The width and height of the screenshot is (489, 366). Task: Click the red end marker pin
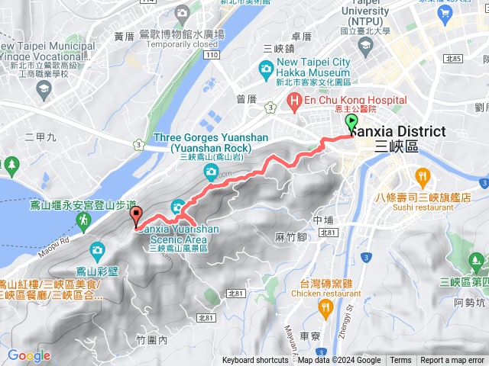coord(136,216)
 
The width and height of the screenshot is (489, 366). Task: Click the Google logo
coord(28,355)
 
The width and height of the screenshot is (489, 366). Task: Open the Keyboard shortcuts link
coord(255,361)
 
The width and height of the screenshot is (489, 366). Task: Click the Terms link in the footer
coord(400,361)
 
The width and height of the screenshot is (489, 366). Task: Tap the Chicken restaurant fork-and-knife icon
coord(325,307)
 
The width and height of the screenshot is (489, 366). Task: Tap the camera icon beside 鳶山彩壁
coord(97,249)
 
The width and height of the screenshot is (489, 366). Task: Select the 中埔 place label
coord(325,220)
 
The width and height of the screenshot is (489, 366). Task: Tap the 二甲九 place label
coord(40,138)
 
